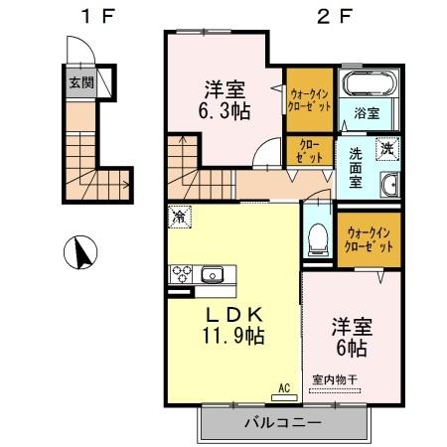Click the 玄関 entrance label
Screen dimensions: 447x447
point(81,84)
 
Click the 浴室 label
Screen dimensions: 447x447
point(367,113)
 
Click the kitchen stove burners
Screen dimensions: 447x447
point(183,272)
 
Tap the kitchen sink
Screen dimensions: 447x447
point(213,274)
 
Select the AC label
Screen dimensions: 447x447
point(283,387)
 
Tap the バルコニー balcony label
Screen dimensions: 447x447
point(283,424)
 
